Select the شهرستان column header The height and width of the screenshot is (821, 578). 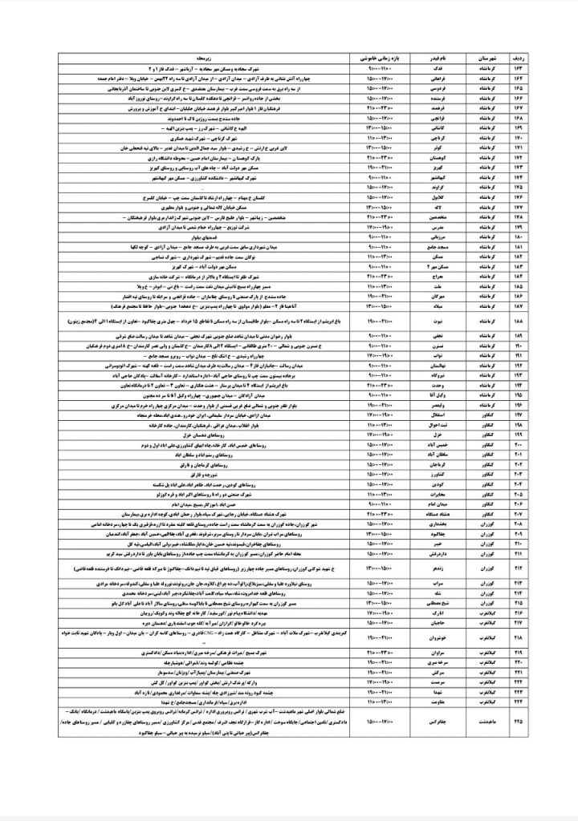pyautogui.click(x=492, y=59)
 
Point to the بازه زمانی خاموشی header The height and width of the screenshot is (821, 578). pyautogui.click(x=377, y=59)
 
